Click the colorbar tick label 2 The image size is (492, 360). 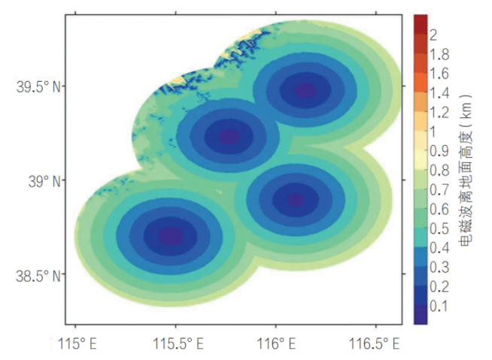coord(434,35)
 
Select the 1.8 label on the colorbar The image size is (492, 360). coord(439,54)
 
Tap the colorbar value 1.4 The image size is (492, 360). coord(439,93)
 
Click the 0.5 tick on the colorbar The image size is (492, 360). coord(439,228)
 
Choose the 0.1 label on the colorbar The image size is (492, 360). coord(439,306)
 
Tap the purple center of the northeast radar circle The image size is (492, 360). coord(305,90)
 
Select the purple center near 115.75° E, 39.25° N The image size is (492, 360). coord(229,136)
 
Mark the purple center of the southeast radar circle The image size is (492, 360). coord(296,199)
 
